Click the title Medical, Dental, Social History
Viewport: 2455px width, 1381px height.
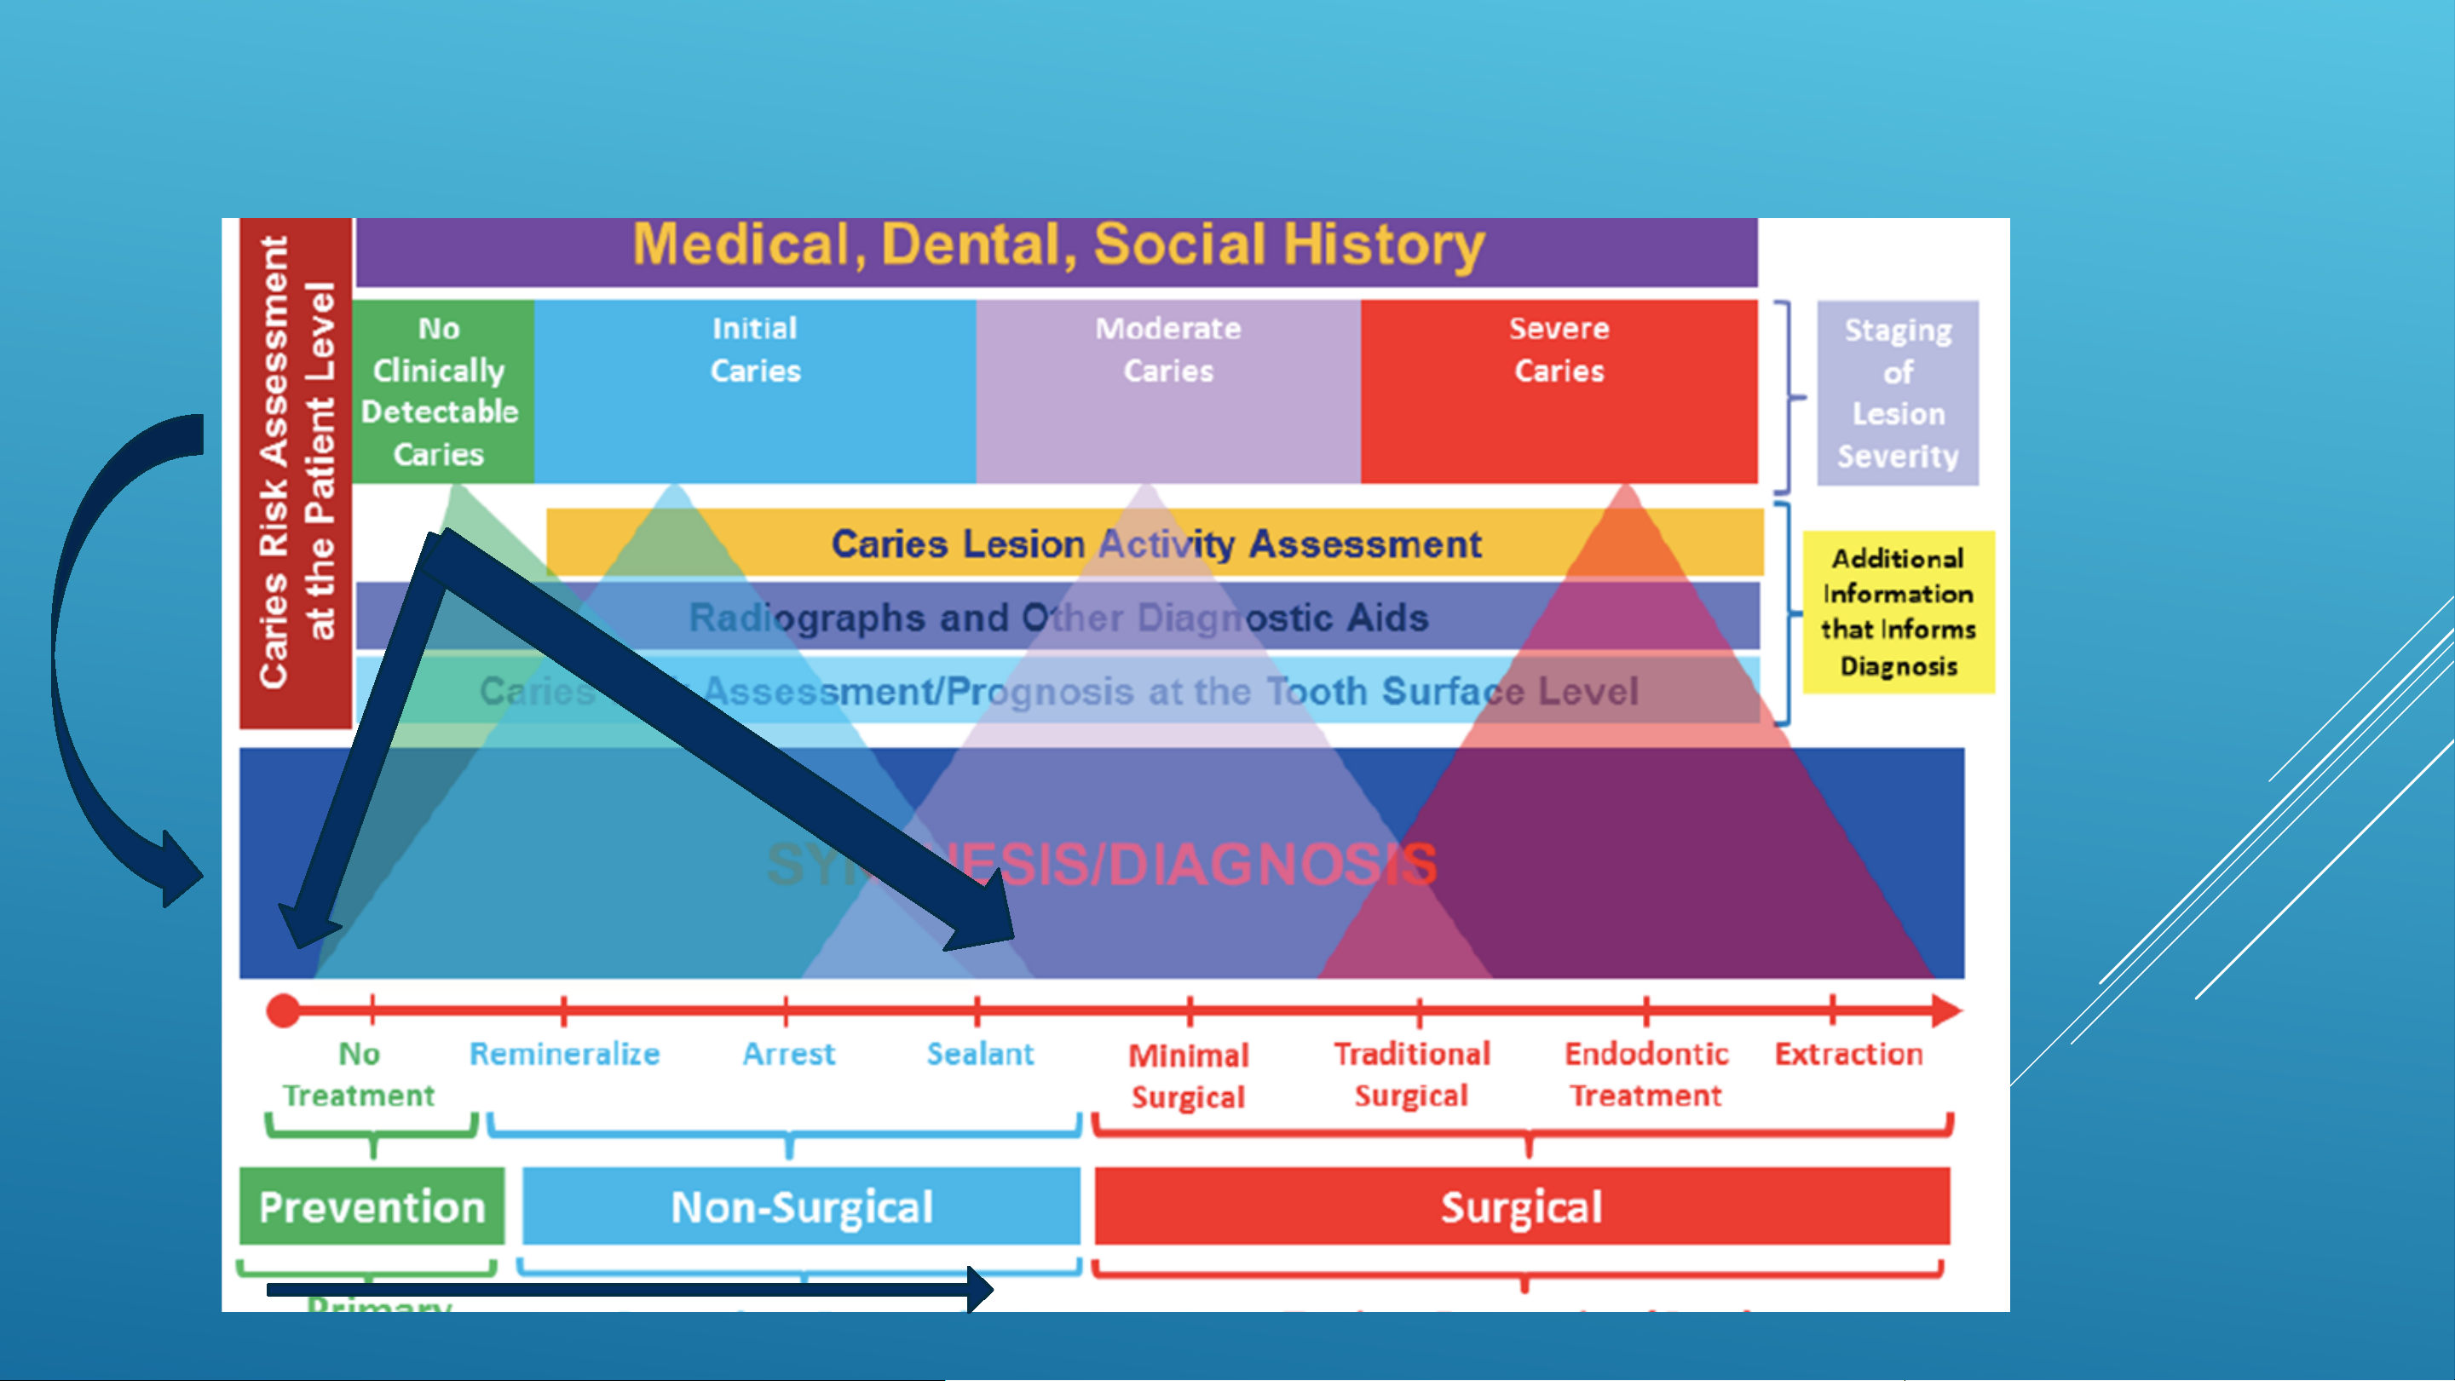coord(1057,245)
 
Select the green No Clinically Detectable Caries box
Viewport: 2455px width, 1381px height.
coord(440,392)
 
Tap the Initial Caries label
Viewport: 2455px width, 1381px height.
coord(755,350)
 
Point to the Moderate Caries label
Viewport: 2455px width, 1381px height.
coord(1167,350)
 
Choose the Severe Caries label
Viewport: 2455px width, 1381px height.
coord(1559,350)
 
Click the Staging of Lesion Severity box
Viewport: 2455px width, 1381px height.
coord(1898,393)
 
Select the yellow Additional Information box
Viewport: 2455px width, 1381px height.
coord(1898,612)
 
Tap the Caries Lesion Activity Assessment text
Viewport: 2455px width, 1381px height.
coord(1156,544)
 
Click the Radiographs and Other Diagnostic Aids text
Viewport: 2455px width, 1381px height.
coord(1057,618)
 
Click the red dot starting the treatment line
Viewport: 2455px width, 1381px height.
coord(283,1010)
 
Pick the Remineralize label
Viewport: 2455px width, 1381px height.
coord(564,1054)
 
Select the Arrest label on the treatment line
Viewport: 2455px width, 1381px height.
coord(788,1054)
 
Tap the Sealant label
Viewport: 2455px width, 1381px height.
coord(980,1054)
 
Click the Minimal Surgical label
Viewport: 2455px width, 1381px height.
coord(1189,1076)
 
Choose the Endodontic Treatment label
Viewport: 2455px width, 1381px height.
coord(1645,1074)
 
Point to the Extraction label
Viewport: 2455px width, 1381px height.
coord(1848,1054)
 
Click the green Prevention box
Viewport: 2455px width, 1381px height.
coord(372,1206)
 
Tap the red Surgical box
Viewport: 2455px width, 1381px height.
coord(1521,1206)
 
